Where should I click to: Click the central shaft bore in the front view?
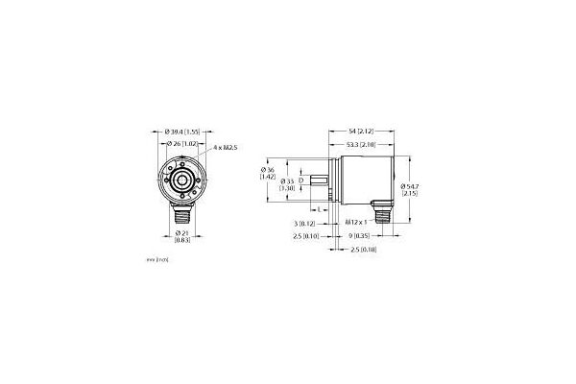click(180, 180)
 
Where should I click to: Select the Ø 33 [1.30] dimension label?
click(285, 185)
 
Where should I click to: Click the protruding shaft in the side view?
click(324, 180)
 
